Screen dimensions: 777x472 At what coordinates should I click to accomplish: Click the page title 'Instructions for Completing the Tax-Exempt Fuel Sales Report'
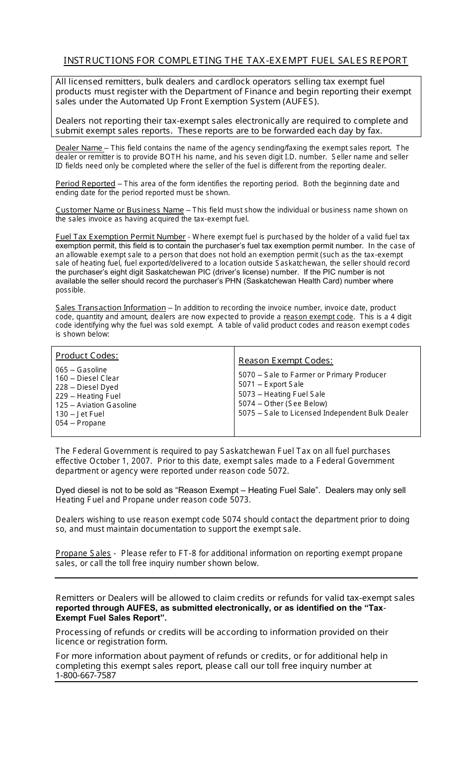[236, 61]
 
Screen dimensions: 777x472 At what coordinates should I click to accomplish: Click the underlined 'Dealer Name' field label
[79, 148]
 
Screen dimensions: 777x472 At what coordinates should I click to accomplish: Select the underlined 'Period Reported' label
[85, 184]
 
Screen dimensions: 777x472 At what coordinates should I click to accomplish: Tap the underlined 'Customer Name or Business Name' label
[119, 210]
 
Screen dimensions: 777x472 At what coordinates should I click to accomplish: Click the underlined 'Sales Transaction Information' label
[110, 308]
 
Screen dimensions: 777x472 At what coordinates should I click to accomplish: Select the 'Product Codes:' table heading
[87, 355]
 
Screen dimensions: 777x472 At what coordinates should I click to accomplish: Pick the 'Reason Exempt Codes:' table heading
[285, 360]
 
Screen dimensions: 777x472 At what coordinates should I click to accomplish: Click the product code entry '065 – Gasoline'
[81, 370]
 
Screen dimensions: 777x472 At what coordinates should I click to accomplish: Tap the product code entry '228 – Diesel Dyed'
[86, 387]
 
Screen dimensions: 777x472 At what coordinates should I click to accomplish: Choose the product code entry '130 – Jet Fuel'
[79, 414]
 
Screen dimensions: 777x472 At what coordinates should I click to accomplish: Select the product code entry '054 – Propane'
[80, 423]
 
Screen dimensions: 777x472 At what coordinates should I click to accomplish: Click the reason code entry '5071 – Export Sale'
[271, 384]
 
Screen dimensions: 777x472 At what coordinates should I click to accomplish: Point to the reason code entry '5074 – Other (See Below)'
[283, 404]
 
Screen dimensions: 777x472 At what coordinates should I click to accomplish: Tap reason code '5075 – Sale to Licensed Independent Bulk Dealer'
[323, 413]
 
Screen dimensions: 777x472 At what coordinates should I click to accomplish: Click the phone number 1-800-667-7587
[85, 675]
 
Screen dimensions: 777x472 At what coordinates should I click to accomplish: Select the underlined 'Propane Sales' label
[83, 554]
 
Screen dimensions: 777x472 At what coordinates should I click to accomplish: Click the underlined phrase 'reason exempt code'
[318, 317]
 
